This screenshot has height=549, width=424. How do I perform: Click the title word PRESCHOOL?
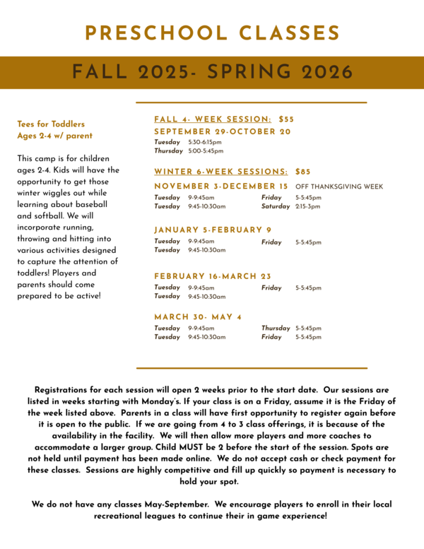(x=146, y=33)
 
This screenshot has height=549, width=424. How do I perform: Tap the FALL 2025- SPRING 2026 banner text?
(x=212, y=72)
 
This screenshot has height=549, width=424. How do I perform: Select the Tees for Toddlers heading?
(x=51, y=124)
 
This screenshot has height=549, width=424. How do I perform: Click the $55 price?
(x=286, y=119)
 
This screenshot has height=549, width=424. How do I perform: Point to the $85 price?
(x=302, y=172)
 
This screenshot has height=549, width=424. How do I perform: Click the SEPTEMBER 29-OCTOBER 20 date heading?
(x=222, y=131)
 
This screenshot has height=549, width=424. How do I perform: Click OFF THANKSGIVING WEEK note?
(x=339, y=187)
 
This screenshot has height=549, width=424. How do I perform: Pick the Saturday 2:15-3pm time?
(x=307, y=206)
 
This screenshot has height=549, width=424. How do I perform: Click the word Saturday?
(x=276, y=206)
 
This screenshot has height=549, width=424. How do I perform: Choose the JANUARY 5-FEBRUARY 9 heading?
(x=213, y=230)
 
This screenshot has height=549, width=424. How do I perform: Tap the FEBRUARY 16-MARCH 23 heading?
(x=213, y=276)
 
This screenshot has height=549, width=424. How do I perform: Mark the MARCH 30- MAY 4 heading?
(x=199, y=317)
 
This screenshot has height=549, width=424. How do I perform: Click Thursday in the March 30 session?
(x=276, y=328)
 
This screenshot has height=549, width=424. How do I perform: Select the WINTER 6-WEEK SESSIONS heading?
(x=220, y=172)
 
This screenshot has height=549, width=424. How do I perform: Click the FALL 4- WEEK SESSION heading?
(x=213, y=119)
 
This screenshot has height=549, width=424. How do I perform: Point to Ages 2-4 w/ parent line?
(x=54, y=136)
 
